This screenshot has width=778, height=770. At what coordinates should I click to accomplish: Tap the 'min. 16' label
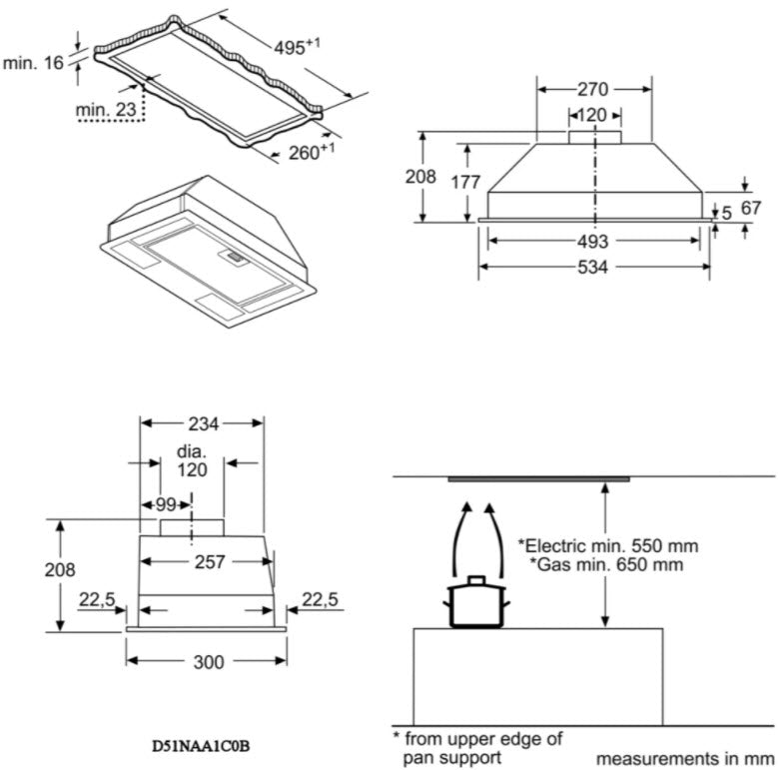(x=33, y=63)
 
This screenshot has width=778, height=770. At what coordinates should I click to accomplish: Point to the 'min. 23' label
(x=105, y=109)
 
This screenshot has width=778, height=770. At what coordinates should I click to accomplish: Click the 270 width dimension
(x=593, y=89)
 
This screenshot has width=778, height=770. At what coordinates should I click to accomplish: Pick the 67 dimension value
(x=750, y=208)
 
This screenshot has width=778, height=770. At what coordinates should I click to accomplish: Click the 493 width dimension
(x=593, y=242)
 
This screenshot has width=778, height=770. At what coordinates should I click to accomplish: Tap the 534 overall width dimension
(x=593, y=267)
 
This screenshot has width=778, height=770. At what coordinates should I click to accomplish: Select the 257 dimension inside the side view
(x=208, y=562)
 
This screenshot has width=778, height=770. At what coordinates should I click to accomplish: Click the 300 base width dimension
(x=208, y=662)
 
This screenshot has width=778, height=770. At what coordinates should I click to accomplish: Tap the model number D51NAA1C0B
(x=201, y=745)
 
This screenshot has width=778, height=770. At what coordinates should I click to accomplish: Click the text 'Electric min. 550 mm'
(x=607, y=546)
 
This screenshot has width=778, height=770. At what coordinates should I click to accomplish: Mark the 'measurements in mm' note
(x=685, y=759)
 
